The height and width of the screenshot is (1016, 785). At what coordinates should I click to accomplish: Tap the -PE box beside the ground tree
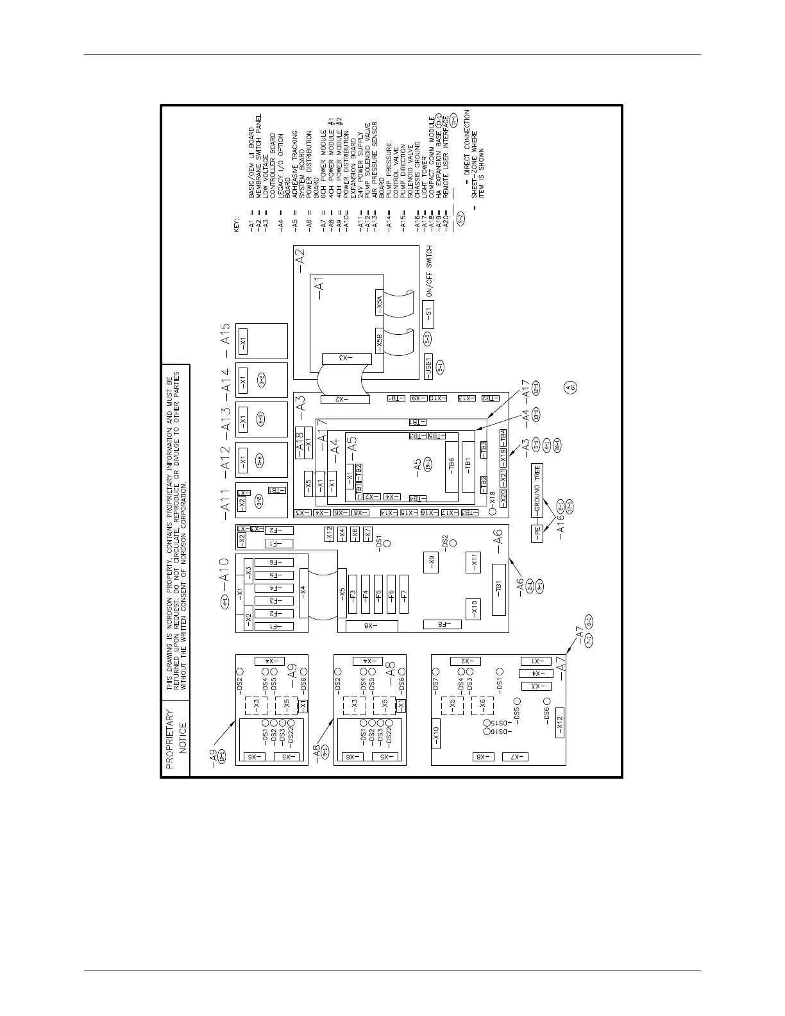pos(537,533)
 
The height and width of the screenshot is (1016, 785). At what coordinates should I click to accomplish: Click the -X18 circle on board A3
pos(493,511)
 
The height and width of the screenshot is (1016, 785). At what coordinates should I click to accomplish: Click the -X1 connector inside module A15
pos(243,343)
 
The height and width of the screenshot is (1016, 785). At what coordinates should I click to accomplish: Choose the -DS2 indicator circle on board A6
pos(453,543)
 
